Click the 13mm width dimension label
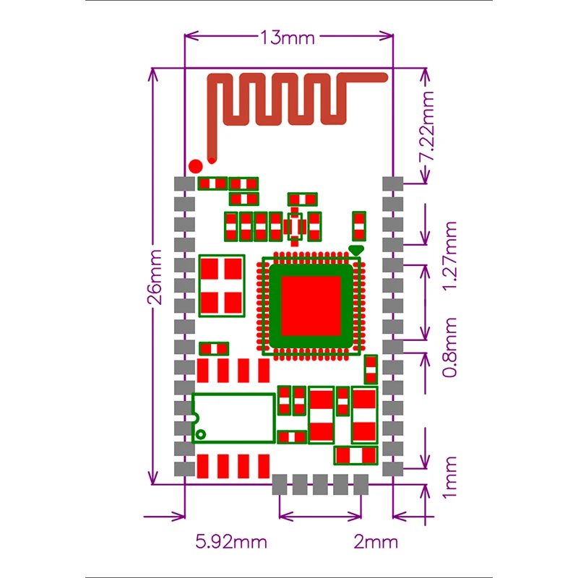(x=288, y=38)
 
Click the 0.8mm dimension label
(x=450, y=348)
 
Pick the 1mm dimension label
(x=450, y=476)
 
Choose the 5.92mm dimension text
(x=231, y=542)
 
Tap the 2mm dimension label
(x=376, y=542)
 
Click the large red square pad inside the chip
(x=311, y=306)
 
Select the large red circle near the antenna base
(x=195, y=165)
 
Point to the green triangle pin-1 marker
(x=355, y=250)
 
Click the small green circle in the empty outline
(x=202, y=434)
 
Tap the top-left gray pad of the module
(x=186, y=184)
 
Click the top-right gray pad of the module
(x=392, y=184)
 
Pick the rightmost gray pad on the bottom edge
(x=361, y=484)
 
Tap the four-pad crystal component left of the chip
(x=222, y=285)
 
